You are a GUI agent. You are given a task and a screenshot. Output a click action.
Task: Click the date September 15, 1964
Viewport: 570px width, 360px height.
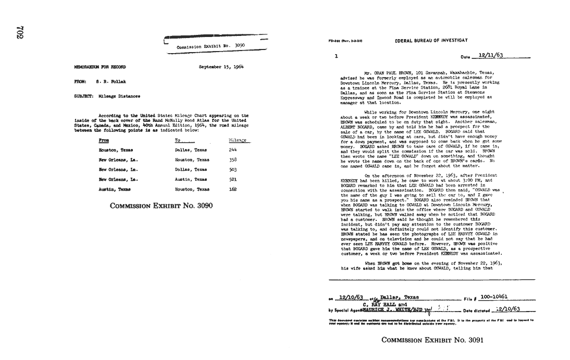click(x=221, y=67)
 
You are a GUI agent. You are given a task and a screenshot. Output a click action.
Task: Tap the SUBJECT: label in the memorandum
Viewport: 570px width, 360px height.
click(x=84, y=96)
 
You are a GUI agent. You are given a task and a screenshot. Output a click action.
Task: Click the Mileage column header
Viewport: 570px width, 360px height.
click(x=238, y=141)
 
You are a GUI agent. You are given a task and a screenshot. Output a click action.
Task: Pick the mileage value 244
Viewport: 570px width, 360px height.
click(x=233, y=150)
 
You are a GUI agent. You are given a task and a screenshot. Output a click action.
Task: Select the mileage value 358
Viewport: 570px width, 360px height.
click(x=233, y=160)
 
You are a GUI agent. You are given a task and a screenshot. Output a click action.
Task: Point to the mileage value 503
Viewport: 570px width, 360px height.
click(x=233, y=169)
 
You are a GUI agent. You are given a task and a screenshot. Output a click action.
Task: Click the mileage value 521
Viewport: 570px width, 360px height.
click(x=233, y=179)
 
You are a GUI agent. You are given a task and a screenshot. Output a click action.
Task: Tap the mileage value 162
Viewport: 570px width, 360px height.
click(x=233, y=189)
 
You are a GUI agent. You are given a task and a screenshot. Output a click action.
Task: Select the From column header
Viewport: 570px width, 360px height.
click(x=104, y=141)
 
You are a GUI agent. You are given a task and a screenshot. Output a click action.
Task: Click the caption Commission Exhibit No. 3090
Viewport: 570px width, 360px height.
click(x=162, y=206)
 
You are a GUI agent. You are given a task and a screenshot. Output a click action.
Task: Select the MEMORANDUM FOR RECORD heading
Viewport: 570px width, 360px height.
click(x=100, y=67)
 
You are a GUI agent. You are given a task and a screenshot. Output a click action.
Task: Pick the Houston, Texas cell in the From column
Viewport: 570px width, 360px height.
click(x=116, y=150)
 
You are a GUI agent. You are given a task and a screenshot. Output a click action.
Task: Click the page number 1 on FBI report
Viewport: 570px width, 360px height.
click(x=336, y=56)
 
